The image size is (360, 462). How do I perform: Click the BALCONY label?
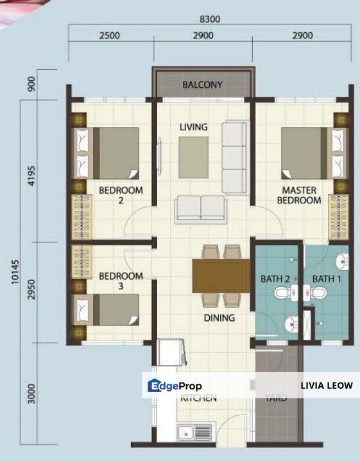(x=202, y=84)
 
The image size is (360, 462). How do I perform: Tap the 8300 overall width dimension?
(x=209, y=19)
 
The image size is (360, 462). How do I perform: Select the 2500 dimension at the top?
(x=110, y=36)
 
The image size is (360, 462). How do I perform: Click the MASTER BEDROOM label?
(x=298, y=195)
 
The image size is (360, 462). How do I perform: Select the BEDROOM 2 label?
(x=121, y=195)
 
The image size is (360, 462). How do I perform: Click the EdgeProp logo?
(x=175, y=386)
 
